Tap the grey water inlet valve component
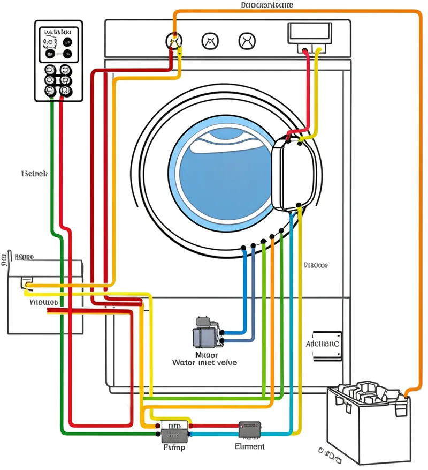point(204,333)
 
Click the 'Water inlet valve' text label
point(204,363)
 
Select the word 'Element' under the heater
point(249,446)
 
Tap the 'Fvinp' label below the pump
point(173,447)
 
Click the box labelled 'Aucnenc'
point(324,344)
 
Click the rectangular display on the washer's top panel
point(310,34)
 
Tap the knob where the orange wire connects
point(173,40)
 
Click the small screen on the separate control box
point(56,42)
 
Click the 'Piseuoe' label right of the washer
point(316,265)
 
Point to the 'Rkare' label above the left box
point(24,257)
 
